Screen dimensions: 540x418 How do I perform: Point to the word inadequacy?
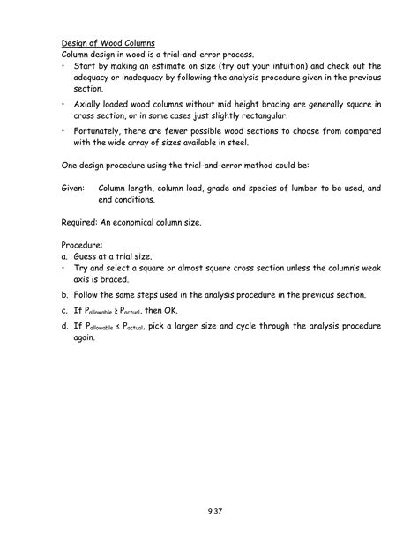coord(138,78)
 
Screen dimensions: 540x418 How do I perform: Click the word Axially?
coord(91,105)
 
